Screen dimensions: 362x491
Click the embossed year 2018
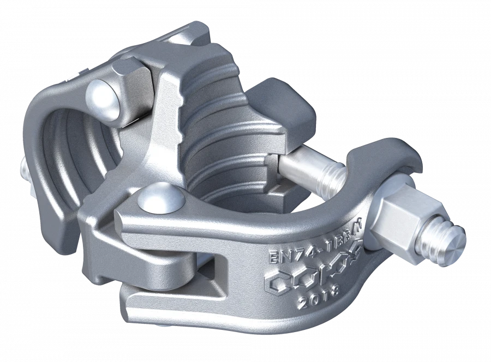point(320,297)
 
